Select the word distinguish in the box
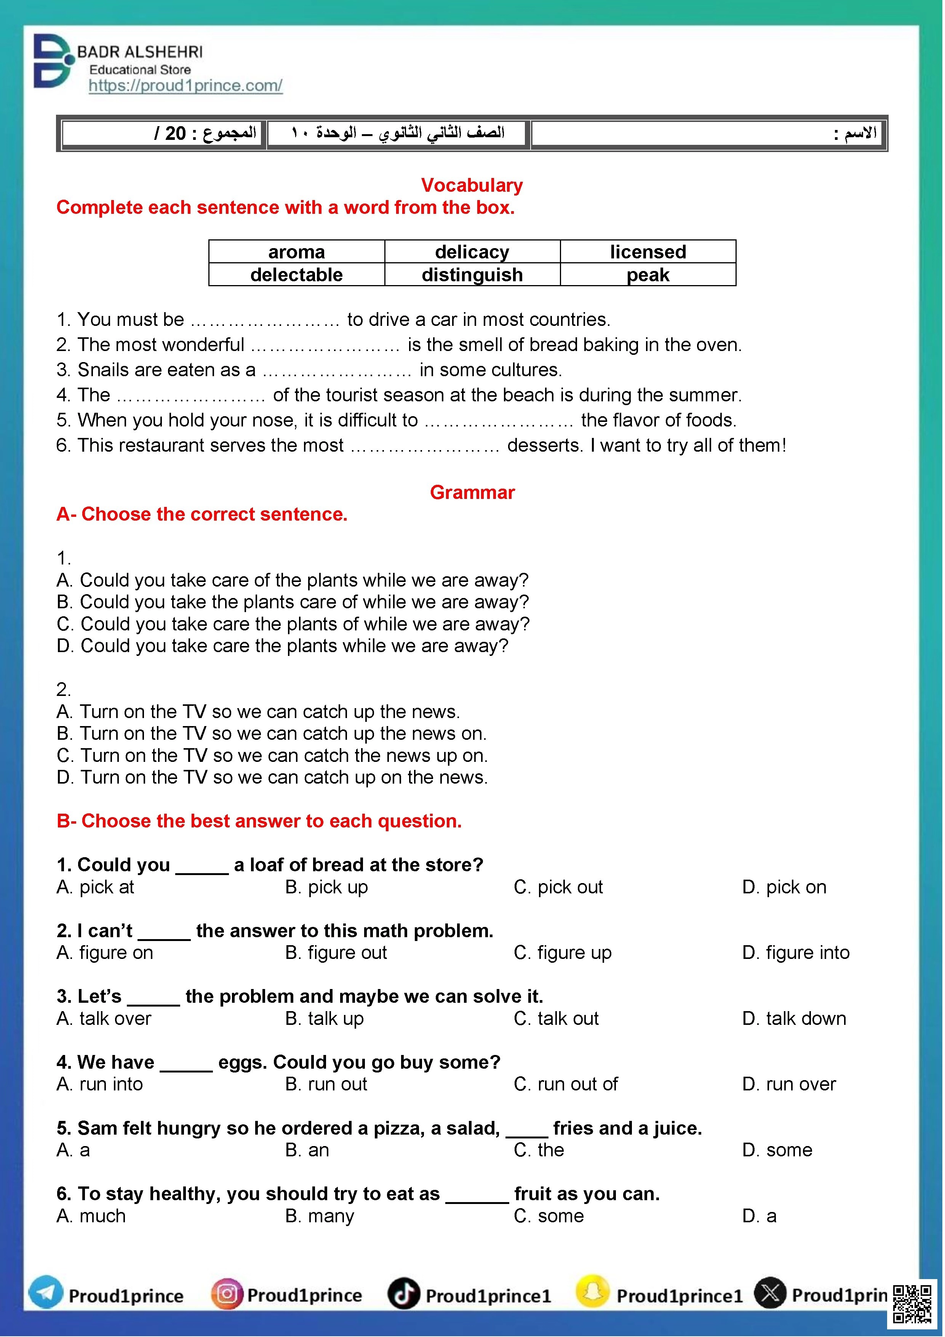pyautogui.click(x=472, y=275)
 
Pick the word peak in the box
pyautogui.click(x=648, y=275)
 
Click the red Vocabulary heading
pyautogui.click(x=472, y=185)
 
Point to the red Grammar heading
pyautogui.click(x=472, y=493)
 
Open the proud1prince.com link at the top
pyautogui.click(x=185, y=86)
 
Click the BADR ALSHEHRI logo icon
pyautogui.click(x=54, y=61)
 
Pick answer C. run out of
pyautogui.click(x=566, y=1084)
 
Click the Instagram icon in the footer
pyautogui.click(x=226, y=1294)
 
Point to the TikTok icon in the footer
pyautogui.click(x=404, y=1294)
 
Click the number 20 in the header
pyautogui.click(x=175, y=134)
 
